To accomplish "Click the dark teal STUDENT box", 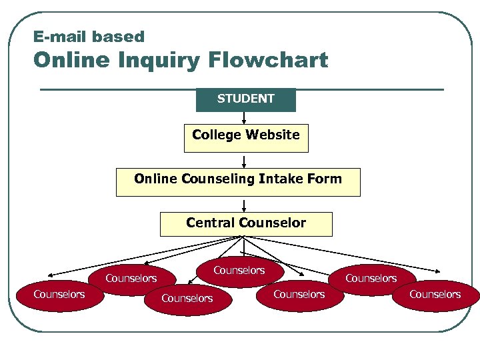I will [x=245, y=99].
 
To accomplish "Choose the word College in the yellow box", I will [x=215, y=135].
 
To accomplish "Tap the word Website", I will [x=273, y=135].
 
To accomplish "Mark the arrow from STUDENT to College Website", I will [x=245, y=118].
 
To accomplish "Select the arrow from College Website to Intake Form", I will [x=245, y=161].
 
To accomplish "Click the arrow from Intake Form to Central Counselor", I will [x=245, y=205].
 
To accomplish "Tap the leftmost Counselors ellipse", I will [x=59, y=295].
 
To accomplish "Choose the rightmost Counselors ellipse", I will [x=435, y=295].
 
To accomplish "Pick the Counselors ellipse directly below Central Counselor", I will [x=239, y=271].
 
